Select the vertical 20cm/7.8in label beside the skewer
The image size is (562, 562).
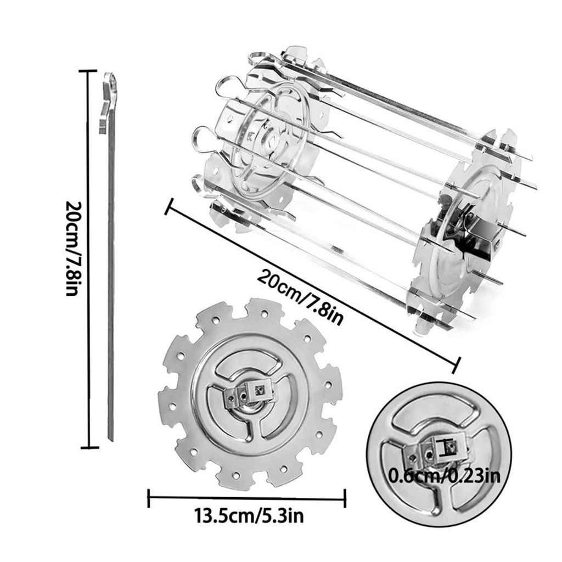point(74,249)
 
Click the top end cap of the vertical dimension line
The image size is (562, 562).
point(88,71)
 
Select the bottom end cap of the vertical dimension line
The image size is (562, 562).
point(89,447)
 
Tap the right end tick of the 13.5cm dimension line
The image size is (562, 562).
point(345,498)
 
